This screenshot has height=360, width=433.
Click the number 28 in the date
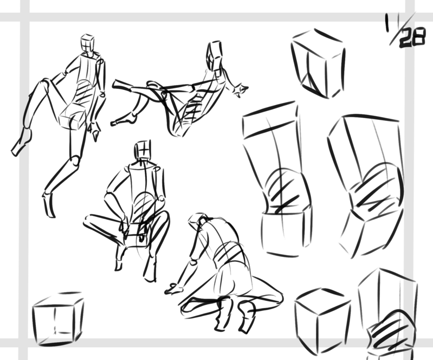click(412, 38)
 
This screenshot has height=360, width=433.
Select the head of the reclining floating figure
click(214, 55)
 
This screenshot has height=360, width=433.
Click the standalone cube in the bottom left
click(57, 319)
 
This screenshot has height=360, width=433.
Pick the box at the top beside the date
click(318, 63)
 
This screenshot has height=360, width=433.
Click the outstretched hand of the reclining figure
click(240, 90)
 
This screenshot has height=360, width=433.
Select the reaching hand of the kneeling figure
click(173, 289)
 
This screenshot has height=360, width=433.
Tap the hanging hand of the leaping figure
click(94, 131)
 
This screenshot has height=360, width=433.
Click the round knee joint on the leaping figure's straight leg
click(75, 160)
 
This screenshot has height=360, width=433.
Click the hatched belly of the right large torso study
click(376, 188)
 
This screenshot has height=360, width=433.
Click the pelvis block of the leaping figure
click(73, 121)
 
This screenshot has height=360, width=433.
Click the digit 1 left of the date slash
click(388, 23)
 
